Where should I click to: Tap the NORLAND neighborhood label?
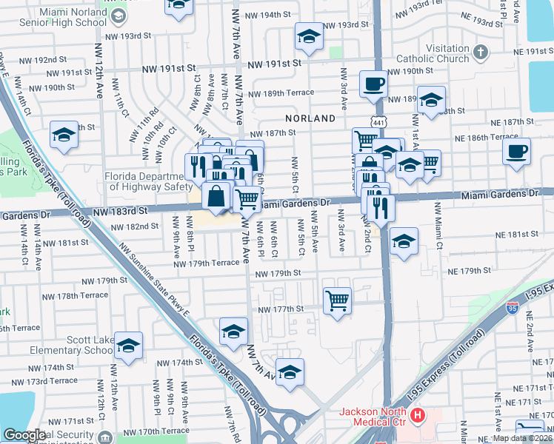310,118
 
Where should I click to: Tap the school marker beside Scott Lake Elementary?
129,346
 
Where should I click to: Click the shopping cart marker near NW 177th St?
338,300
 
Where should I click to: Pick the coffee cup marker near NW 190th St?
374,84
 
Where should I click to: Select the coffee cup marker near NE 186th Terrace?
516,151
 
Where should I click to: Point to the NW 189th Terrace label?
281,93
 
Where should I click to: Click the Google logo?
24,435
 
